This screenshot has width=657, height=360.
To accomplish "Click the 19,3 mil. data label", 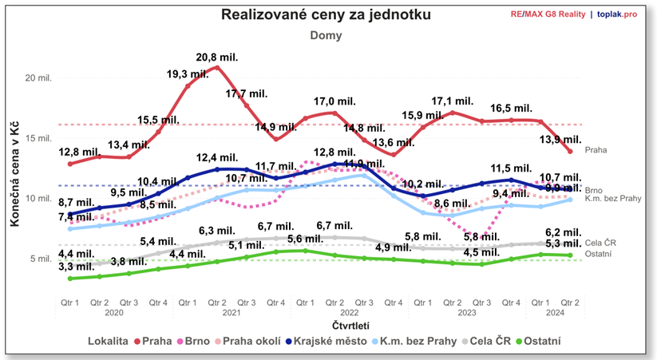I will pos(186,73).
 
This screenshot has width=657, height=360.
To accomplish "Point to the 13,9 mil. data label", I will pos(556,140).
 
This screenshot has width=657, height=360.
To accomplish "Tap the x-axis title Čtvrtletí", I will pos(328,326).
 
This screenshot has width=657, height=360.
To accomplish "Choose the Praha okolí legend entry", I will pos(251,341).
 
